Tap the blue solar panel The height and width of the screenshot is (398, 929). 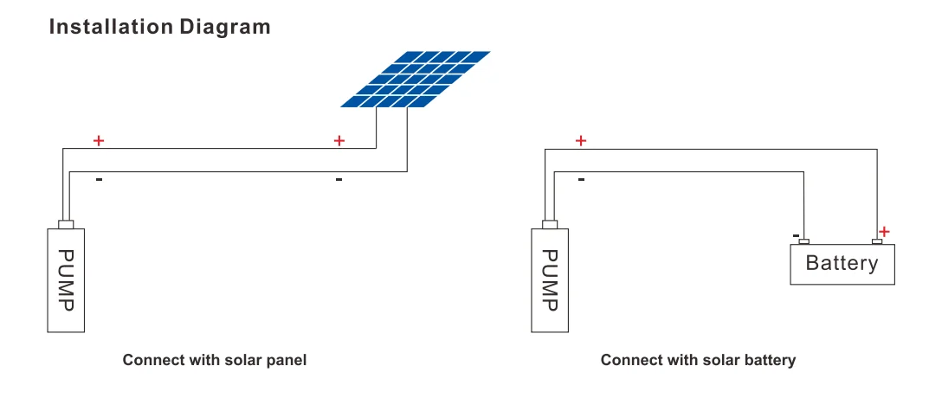415,80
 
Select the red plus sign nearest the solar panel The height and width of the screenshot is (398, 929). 339,140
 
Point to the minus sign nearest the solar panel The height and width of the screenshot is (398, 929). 339,180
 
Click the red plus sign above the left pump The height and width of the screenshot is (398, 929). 99,140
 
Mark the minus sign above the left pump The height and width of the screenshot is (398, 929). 99,180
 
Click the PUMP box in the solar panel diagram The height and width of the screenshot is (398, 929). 66,280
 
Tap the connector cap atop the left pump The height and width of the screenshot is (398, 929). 66,225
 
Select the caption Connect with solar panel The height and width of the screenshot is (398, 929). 215,360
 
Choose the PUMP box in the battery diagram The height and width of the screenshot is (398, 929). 549,280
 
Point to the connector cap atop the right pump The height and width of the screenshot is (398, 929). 549,225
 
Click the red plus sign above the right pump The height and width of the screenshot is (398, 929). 581,140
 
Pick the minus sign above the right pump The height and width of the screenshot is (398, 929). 581,180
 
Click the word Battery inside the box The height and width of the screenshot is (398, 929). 842,263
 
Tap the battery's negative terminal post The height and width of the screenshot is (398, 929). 804,241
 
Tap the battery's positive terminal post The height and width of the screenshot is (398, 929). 876,241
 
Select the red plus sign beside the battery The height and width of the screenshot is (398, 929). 884,231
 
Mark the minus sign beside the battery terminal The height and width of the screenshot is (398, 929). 795,235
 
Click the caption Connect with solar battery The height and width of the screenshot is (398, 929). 698,360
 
